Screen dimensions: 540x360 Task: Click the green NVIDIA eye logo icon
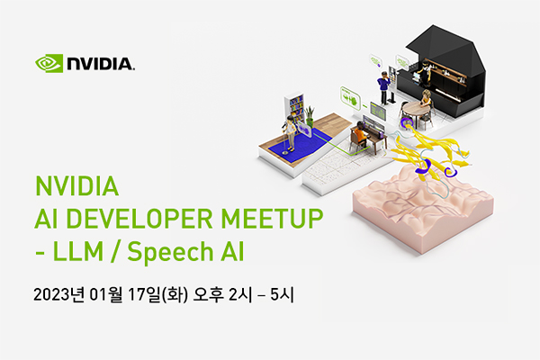pos(49,63)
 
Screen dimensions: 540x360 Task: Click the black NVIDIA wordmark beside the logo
pos(101,64)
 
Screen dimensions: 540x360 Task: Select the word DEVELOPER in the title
pos(139,219)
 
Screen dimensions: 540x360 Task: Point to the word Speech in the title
pos(171,253)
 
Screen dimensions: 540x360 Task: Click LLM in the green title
pos(77,251)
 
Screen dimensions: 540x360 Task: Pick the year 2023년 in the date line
pos(58,295)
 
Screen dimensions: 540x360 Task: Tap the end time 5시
pos(282,295)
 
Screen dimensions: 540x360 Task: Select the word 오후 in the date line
pos(209,295)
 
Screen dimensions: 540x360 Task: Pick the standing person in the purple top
pos(383,87)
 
